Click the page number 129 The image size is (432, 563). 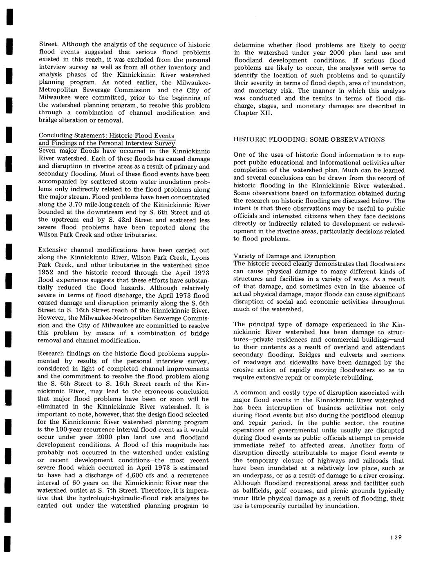[396, 538]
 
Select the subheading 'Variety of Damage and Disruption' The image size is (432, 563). [284, 256]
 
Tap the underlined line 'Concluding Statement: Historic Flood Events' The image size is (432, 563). [106, 136]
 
